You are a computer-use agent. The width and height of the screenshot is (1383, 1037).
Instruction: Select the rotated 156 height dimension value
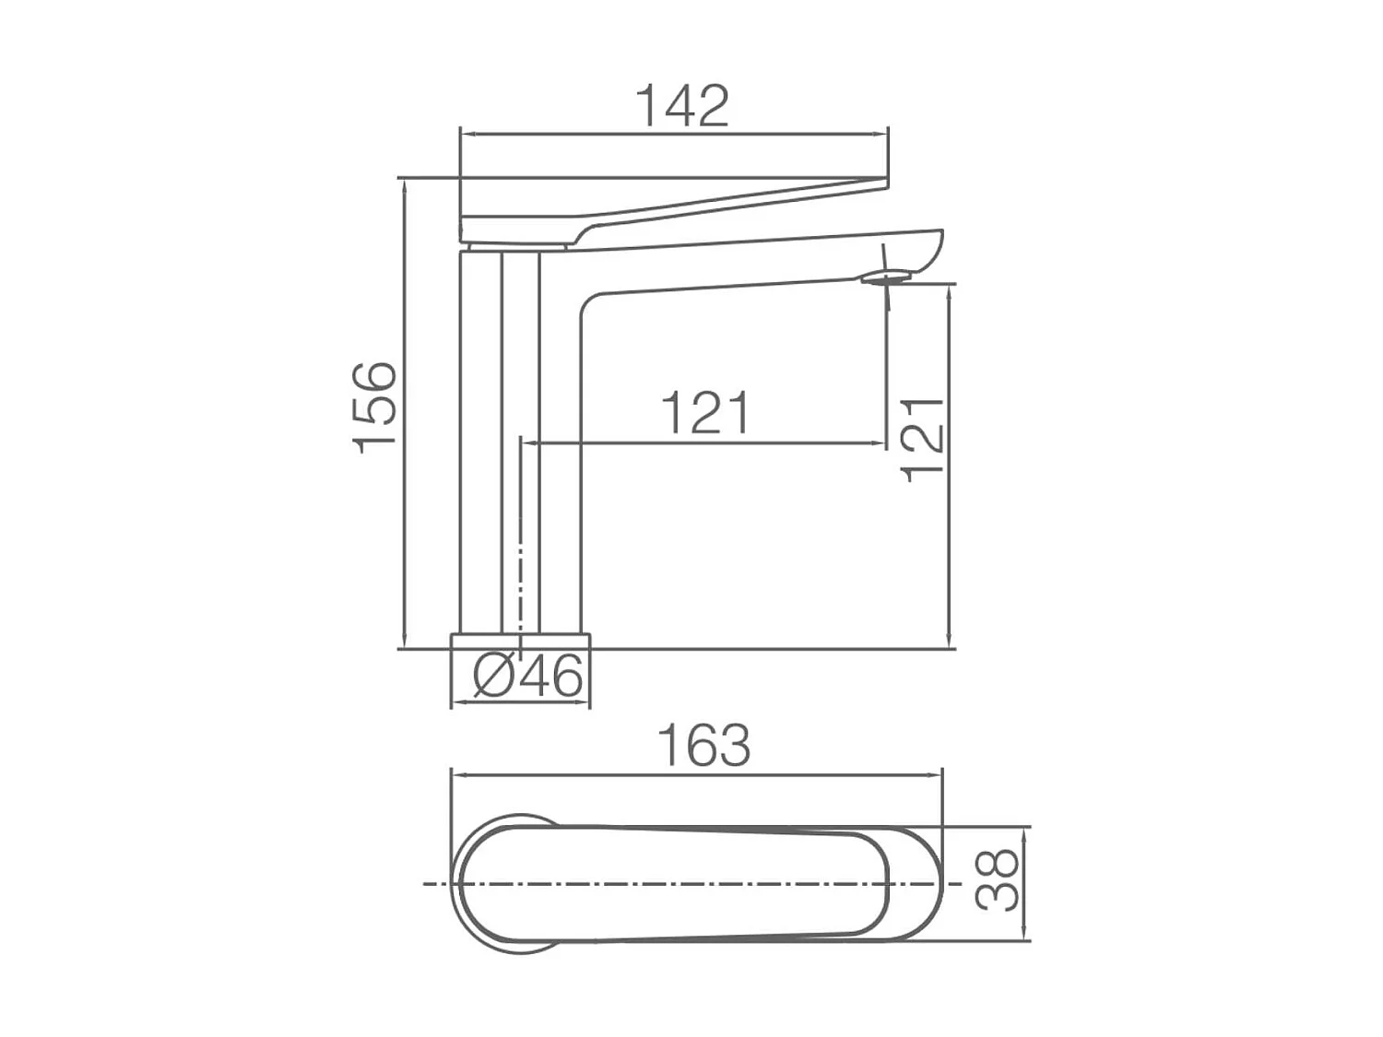[x=375, y=407]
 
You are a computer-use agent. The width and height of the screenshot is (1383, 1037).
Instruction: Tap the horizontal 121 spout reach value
[x=705, y=413]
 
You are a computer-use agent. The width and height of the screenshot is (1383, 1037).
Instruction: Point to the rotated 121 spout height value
[x=923, y=440]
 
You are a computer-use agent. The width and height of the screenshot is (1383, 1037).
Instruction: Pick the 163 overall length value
[x=703, y=745]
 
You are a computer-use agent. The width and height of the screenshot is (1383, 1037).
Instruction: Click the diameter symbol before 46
[x=492, y=677]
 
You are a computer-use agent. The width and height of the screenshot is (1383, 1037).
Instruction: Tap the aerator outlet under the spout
[x=888, y=276]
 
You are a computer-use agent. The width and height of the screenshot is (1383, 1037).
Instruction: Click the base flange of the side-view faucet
[x=520, y=641]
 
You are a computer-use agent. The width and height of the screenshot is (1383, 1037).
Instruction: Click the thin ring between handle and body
[x=516, y=247]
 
